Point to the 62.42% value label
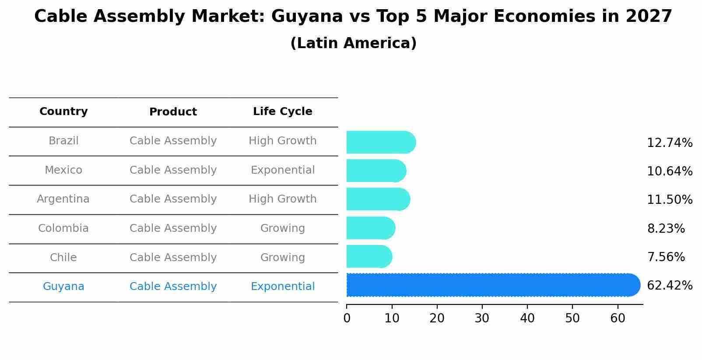tap(669, 286)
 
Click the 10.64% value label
tap(669, 171)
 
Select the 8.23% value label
tap(665, 229)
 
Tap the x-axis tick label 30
tap(482, 318)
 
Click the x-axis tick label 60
tap(618, 318)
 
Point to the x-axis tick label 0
tap(347, 318)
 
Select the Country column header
tap(63, 112)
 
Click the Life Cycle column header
tap(282, 112)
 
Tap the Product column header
tap(173, 112)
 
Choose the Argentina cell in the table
tap(63, 199)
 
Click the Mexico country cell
tap(63, 170)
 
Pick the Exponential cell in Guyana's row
tap(282, 287)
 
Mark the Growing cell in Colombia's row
tap(282, 228)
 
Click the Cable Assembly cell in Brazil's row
tap(173, 141)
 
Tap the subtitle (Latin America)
tap(353, 43)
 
